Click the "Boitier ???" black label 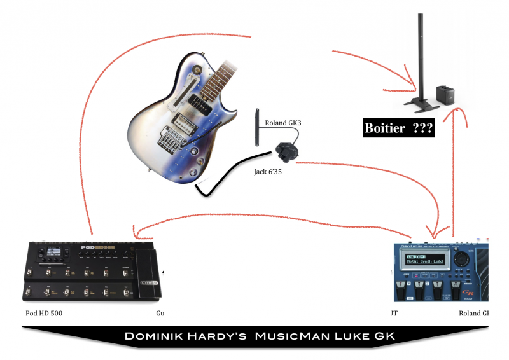coord(398,128)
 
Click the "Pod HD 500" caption coord(45,314)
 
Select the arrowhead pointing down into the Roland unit coord(431,231)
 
